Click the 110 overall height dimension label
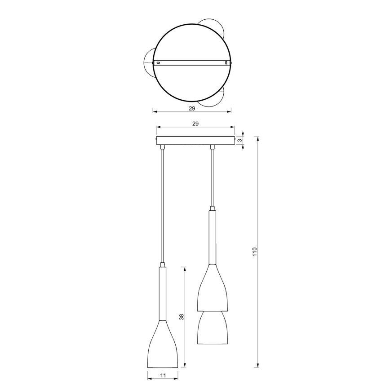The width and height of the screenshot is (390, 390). click(x=254, y=251)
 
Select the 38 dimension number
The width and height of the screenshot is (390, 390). click(x=182, y=317)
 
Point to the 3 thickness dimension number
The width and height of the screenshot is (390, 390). click(x=240, y=141)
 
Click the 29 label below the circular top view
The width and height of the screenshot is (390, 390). click(x=191, y=109)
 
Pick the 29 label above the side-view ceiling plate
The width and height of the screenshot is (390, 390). click(x=195, y=123)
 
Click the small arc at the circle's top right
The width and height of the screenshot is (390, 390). click(x=215, y=25)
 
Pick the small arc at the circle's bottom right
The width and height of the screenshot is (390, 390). click(x=215, y=100)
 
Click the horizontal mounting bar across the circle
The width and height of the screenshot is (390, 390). click(x=191, y=62)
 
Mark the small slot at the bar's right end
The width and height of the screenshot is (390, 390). click(x=226, y=62)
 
